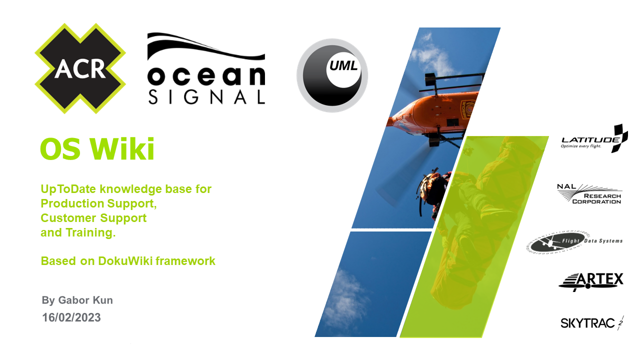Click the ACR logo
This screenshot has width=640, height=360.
[80, 68]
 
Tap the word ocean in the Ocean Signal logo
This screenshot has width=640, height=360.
[206, 76]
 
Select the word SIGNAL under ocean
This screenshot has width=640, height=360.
[206, 97]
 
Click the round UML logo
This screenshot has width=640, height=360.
[332, 75]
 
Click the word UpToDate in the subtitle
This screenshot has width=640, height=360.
[68, 189]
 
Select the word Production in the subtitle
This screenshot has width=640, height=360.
[72, 203]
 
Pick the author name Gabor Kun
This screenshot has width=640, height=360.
[85, 300]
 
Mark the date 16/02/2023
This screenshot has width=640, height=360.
[71, 317]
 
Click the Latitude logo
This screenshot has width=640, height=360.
[594, 139]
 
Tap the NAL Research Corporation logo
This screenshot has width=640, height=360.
[589, 194]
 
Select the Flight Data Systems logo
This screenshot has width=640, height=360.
[574, 241]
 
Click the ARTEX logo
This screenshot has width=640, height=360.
[591, 281]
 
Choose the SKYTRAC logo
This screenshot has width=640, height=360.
[592, 323]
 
